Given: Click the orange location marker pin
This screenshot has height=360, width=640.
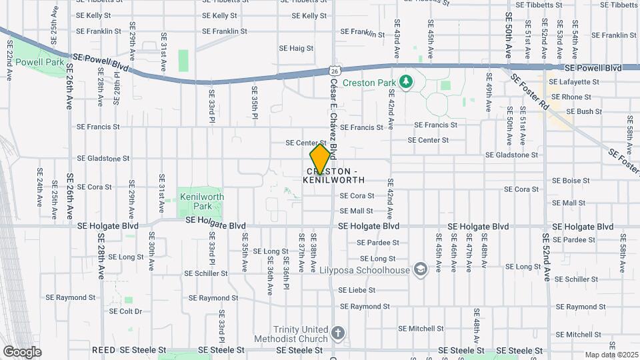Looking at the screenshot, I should (320, 159).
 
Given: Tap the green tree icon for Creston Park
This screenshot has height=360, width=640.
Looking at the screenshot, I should (405, 82).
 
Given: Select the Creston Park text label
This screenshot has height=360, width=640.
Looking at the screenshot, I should (369, 83).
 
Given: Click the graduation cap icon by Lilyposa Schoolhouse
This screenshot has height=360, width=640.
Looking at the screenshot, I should (420, 269).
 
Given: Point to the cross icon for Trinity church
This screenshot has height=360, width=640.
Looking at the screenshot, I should (338, 332).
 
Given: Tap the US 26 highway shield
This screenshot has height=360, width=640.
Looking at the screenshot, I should (333, 70).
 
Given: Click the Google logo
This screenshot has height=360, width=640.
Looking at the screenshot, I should (22, 352).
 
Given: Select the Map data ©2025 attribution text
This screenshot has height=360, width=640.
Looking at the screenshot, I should (611, 355).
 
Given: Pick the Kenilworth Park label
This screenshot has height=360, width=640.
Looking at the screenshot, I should (201, 201).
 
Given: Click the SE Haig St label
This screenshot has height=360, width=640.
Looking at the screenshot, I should (296, 48).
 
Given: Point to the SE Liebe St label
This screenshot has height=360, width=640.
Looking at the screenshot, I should (357, 290).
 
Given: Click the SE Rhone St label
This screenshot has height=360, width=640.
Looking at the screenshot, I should (572, 97).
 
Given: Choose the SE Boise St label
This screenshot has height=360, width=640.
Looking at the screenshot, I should (571, 181).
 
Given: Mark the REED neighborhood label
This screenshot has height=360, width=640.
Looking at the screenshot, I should (103, 350).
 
